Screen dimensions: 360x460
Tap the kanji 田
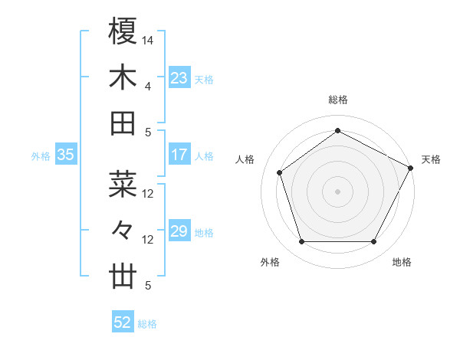click(x=123, y=123)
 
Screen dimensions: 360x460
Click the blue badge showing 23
click(x=179, y=77)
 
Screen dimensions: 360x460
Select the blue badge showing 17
click(x=179, y=155)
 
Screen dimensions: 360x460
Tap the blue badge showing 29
click(x=179, y=231)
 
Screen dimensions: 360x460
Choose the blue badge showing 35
click(x=65, y=155)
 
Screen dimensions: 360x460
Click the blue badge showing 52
click(x=123, y=322)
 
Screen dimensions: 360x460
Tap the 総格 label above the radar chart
click(x=337, y=100)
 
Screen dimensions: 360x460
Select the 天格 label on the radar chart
click(x=431, y=159)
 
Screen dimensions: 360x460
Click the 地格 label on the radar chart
click(x=402, y=262)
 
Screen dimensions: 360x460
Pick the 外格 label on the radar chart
click(x=270, y=262)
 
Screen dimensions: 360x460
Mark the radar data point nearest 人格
click(x=280, y=172)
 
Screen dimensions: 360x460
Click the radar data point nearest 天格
click(x=411, y=168)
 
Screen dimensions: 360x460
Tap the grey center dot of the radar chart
click(x=337, y=191)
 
